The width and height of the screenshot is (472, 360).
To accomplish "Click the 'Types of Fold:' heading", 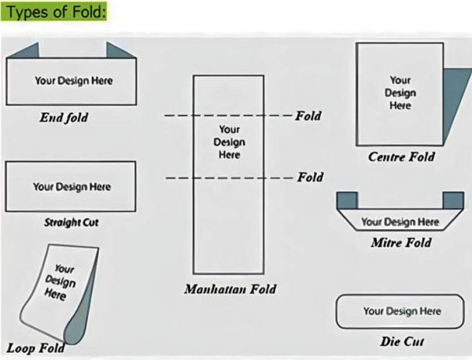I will [x=55, y=13].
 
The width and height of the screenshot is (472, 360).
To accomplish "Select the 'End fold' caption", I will [x=64, y=118].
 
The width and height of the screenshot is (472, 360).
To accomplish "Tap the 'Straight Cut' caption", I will [x=72, y=222].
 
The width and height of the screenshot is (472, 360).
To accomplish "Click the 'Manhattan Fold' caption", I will [x=230, y=289].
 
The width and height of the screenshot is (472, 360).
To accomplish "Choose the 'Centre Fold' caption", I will [x=401, y=157].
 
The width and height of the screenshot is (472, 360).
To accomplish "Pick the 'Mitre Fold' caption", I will [x=401, y=243].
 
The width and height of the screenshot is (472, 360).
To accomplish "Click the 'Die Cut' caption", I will [x=402, y=342].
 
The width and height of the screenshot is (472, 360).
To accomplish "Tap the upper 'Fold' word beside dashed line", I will [x=308, y=116].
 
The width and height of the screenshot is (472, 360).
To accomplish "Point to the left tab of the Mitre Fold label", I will [x=347, y=200].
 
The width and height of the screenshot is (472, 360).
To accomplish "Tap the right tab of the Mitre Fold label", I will [x=452, y=200].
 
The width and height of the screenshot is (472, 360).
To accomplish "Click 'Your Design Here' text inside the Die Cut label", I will [x=402, y=311].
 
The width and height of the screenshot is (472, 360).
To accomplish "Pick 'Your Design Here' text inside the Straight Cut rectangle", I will [x=72, y=187].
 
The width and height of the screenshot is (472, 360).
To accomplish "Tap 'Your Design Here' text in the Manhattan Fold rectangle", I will [x=229, y=142].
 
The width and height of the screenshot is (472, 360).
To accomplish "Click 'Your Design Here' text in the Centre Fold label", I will [x=400, y=93].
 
